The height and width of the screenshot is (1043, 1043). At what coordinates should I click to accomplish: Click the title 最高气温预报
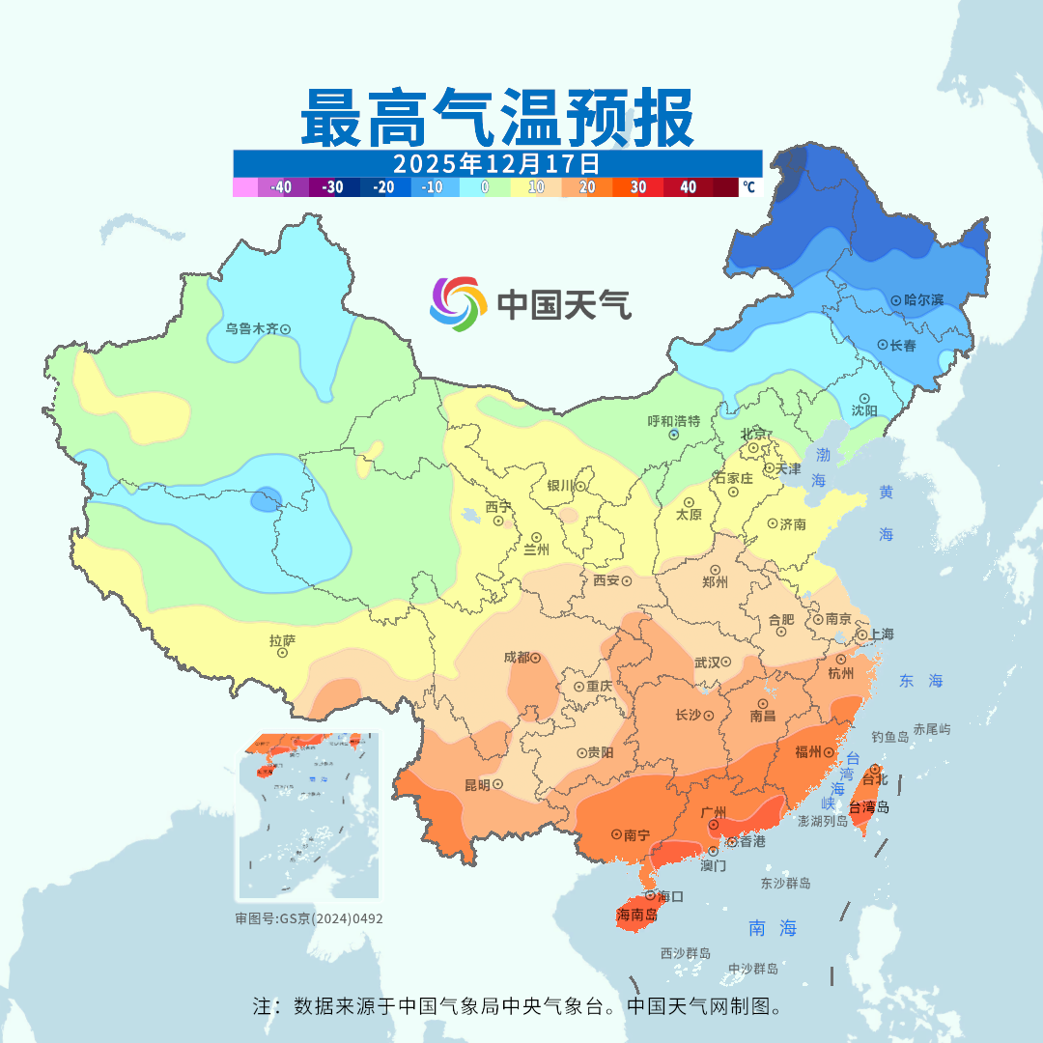click(x=497, y=118)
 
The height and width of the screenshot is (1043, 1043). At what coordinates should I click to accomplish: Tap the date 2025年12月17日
click(x=497, y=162)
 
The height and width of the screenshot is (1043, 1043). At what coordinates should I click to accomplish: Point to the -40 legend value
click(x=281, y=187)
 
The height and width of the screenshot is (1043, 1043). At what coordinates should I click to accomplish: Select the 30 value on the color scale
click(x=638, y=187)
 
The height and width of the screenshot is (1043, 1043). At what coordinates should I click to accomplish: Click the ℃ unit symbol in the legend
click(x=748, y=187)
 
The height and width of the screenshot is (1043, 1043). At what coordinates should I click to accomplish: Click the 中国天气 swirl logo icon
click(x=457, y=304)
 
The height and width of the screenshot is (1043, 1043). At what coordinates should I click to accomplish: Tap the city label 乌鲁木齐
click(x=251, y=328)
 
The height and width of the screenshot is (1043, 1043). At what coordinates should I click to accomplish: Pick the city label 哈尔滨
click(x=924, y=300)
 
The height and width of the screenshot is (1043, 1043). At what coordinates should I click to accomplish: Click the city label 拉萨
click(x=282, y=639)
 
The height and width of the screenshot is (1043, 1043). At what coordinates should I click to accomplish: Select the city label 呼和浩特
click(x=673, y=421)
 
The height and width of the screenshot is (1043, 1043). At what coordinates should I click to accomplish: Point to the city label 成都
click(x=516, y=658)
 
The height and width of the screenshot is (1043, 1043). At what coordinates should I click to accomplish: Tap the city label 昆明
click(x=476, y=784)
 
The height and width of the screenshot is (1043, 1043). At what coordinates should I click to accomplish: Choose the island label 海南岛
click(x=637, y=915)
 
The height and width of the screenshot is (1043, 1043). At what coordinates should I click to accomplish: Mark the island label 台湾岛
click(x=868, y=807)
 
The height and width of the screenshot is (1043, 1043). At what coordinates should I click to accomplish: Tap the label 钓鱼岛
click(x=889, y=737)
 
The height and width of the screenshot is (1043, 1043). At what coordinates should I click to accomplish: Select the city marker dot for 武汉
click(x=725, y=662)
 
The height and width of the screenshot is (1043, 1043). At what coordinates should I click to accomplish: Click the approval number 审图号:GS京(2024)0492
click(x=309, y=918)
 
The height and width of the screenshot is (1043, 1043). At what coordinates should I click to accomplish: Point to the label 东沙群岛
click(x=785, y=884)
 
